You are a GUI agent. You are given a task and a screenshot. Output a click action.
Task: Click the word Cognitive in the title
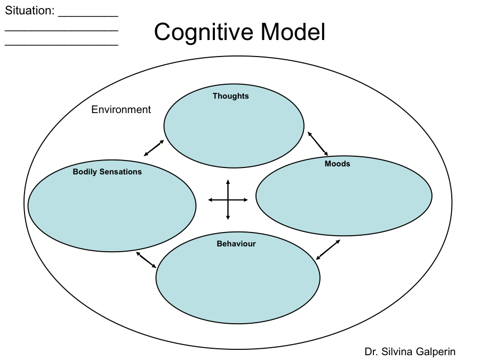(x=204, y=33)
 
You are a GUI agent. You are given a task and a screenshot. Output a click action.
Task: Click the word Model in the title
(x=293, y=33)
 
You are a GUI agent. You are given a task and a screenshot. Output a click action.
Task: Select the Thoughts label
(x=230, y=96)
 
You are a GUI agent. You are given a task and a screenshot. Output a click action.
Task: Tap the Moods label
(x=337, y=164)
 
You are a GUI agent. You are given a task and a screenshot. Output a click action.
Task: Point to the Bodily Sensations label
(x=107, y=172)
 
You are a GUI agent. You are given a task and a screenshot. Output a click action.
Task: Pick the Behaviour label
(x=236, y=244)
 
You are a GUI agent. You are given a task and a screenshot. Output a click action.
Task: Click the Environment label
(x=121, y=110)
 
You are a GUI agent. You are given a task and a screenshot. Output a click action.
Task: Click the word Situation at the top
(x=29, y=11)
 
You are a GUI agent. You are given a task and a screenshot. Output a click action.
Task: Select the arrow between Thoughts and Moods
(x=317, y=143)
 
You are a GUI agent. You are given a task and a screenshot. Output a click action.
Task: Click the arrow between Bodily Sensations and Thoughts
(x=154, y=148)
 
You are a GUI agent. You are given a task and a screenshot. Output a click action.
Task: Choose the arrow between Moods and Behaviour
(x=328, y=250)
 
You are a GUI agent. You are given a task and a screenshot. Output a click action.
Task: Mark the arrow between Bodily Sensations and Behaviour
(x=146, y=260)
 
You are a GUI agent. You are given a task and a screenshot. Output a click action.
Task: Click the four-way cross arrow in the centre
(x=228, y=200)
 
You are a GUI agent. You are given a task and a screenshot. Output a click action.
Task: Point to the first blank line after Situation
(x=88, y=15)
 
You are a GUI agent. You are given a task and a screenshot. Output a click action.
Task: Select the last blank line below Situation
(x=61, y=44)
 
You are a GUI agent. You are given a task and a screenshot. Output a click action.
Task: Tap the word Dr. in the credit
(x=371, y=351)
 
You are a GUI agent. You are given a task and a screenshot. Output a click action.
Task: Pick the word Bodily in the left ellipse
(x=85, y=172)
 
